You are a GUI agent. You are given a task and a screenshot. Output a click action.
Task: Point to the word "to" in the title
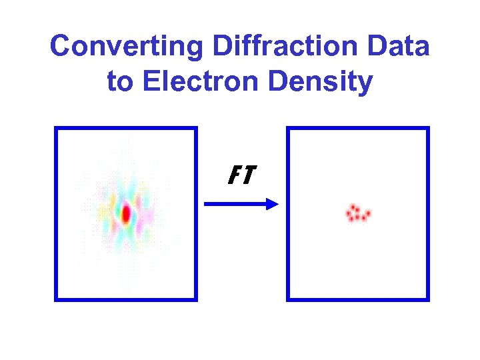[x=120, y=82]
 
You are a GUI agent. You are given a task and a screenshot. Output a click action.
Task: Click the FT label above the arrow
[x=241, y=175]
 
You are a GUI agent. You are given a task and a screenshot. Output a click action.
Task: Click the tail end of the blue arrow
[x=205, y=204]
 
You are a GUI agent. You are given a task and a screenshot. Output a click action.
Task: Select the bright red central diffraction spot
[x=125, y=213]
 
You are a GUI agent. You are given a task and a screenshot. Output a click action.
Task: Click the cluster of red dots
[x=357, y=213]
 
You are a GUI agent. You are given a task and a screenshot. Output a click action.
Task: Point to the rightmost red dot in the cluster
[x=368, y=214]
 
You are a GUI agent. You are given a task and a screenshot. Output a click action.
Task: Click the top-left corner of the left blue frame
[x=56, y=129]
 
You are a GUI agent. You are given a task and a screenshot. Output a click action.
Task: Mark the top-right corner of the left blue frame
[x=196, y=129]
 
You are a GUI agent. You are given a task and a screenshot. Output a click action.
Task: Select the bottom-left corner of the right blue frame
[x=288, y=299]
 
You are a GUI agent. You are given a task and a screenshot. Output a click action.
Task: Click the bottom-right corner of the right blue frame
[x=428, y=299]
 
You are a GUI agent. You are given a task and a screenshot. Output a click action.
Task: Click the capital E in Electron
[x=150, y=82]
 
